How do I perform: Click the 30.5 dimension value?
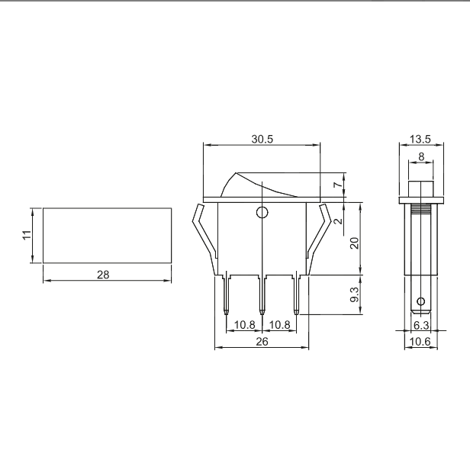pyautogui.click(x=262, y=139)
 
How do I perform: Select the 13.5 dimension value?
pyautogui.click(x=420, y=139)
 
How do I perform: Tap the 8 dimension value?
pyautogui.click(x=421, y=156)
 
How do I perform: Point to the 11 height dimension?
pyautogui.click(x=27, y=235)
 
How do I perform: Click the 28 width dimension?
pyautogui.click(x=103, y=275)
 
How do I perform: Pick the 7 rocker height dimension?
pyautogui.click(x=338, y=185)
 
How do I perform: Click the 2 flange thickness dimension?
pyautogui.click(x=338, y=221)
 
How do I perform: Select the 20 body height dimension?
pyautogui.click(x=354, y=243)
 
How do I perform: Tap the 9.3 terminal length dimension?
pyautogui.click(x=354, y=294)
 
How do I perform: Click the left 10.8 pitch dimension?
pyautogui.click(x=245, y=324)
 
